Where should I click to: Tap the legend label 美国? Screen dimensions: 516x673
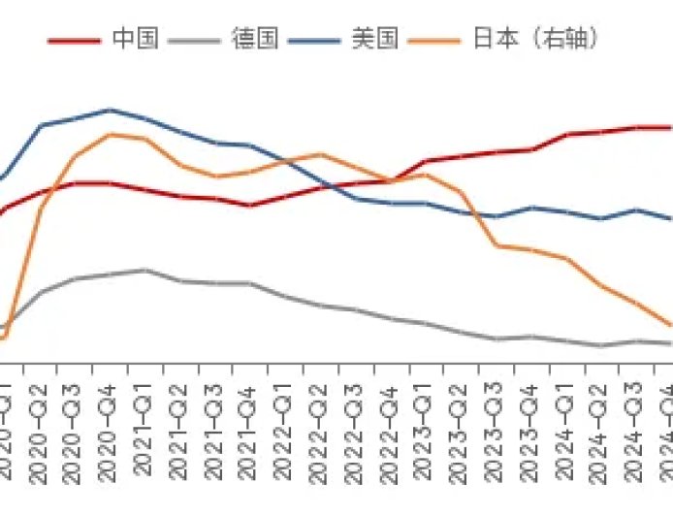pos(374,39)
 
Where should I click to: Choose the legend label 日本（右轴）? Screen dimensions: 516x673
pos(534,39)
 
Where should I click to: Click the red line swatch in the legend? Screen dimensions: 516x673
pos(75,41)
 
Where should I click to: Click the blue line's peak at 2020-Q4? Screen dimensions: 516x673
pos(110,110)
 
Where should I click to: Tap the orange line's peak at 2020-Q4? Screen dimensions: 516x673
pos(110,134)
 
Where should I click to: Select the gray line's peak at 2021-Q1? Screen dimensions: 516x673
pos(145,270)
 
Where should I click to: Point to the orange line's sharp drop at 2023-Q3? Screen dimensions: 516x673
pos(497,245)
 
